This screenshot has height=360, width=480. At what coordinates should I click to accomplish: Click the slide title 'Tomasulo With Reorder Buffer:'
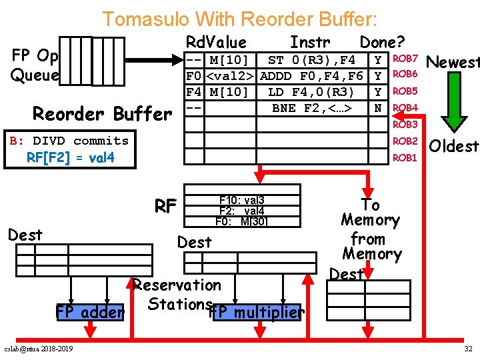239,19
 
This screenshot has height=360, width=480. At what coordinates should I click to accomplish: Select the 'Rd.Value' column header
216,43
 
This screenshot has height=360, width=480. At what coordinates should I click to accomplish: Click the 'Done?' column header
382,43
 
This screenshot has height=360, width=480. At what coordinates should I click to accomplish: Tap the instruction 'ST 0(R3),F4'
311,61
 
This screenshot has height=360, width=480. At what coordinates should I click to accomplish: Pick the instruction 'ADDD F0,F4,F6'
311,76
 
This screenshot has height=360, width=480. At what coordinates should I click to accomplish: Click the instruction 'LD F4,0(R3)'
311,91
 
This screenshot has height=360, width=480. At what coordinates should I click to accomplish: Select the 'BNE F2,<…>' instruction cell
311,107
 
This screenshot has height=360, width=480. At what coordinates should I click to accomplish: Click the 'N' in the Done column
379,107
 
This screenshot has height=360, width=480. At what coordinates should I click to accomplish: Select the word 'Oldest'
454,145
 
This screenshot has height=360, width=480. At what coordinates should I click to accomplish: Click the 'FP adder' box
90,312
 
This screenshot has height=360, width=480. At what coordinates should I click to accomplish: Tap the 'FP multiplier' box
257,312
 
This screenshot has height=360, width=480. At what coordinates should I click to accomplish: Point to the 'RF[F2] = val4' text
70,158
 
